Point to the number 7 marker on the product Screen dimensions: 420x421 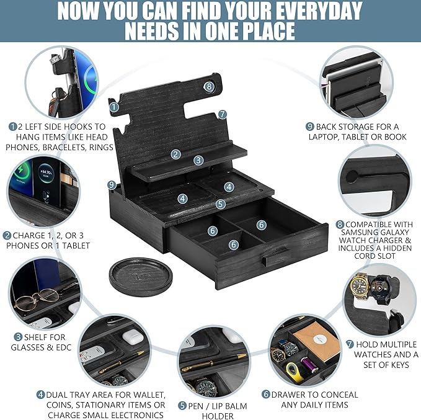[222, 114]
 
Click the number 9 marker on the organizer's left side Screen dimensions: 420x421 [112, 184]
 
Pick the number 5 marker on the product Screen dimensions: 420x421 [220, 203]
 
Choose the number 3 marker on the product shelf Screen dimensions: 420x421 [198, 160]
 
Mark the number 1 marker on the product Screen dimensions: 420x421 [114, 107]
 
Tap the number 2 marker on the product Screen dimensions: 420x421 [176, 154]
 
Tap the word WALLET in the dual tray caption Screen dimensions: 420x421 [147, 395]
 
